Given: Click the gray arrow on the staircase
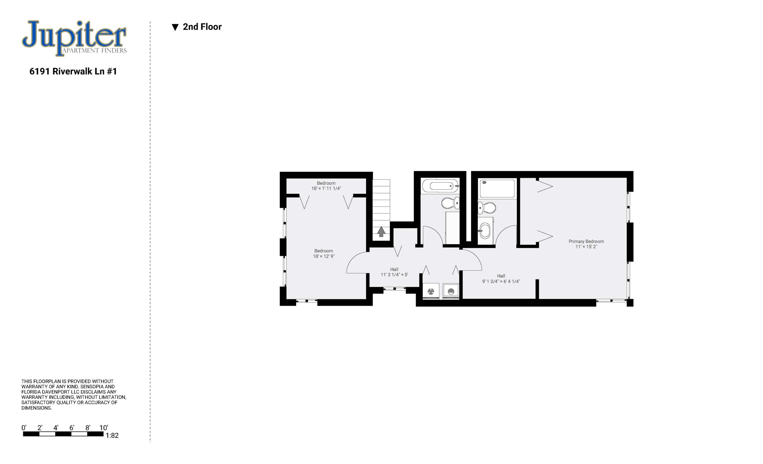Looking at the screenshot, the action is click(381, 232).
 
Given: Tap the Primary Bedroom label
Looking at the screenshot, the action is click(586, 241).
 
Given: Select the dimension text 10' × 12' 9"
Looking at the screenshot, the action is click(324, 256).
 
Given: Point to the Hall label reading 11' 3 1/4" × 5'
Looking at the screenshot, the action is click(394, 274).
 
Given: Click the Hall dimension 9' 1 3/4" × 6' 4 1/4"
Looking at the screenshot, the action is click(501, 281).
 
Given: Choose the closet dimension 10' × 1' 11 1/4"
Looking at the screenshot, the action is click(326, 188).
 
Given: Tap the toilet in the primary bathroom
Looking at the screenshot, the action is click(487, 208).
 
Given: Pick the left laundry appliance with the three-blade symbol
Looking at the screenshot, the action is click(431, 291).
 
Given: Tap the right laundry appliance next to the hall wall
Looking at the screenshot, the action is click(451, 291).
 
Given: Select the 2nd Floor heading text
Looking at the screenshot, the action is click(202, 27).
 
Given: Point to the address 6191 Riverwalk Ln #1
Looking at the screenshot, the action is click(73, 71).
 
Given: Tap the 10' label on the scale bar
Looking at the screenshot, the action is click(104, 428).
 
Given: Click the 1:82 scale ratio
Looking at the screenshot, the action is click(112, 435).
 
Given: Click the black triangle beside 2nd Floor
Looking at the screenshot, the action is click(175, 27).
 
